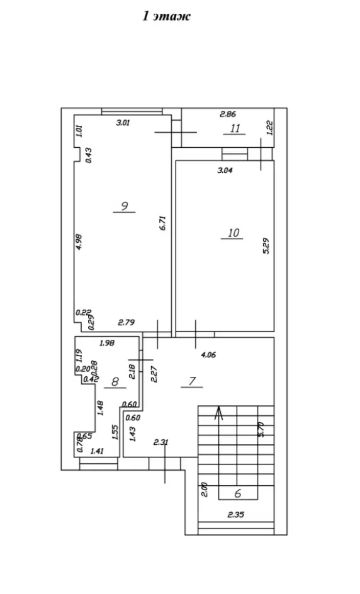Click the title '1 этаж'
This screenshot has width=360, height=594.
pyautogui.click(x=166, y=16)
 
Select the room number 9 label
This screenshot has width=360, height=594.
pyautogui.click(x=124, y=206)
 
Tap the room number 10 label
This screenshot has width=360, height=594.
pyautogui.click(x=233, y=232)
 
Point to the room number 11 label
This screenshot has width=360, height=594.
pyautogui.click(x=235, y=128)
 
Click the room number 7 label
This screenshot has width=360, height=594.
pyautogui.click(x=192, y=381)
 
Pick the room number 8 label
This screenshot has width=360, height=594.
pyautogui.click(x=115, y=382)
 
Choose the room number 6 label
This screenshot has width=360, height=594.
pyautogui.click(x=238, y=493)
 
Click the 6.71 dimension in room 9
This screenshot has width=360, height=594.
pyautogui.click(x=163, y=223)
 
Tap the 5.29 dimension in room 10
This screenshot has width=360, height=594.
pyautogui.click(x=266, y=245)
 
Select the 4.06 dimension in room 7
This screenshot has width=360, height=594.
pyautogui.click(x=208, y=355)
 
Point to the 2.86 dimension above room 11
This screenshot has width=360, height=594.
pyautogui.click(x=228, y=114)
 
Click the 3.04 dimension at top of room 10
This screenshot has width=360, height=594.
pyautogui.click(x=225, y=170)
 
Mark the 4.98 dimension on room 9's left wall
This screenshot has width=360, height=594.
pyautogui.click(x=79, y=242)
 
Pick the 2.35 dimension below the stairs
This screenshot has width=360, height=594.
pyautogui.click(x=236, y=515)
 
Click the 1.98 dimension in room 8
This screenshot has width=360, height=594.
pyautogui.click(x=107, y=343)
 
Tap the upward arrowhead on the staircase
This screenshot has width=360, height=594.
pyautogui.click(x=218, y=413)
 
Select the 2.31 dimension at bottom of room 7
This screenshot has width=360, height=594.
pyautogui.click(x=161, y=442)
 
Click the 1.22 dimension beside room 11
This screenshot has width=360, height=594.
pyautogui.click(x=270, y=128)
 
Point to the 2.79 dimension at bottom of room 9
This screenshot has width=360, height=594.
pyautogui.click(x=127, y=323)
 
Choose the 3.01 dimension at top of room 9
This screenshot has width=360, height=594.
pyautogui.click(x=123, y=123)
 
